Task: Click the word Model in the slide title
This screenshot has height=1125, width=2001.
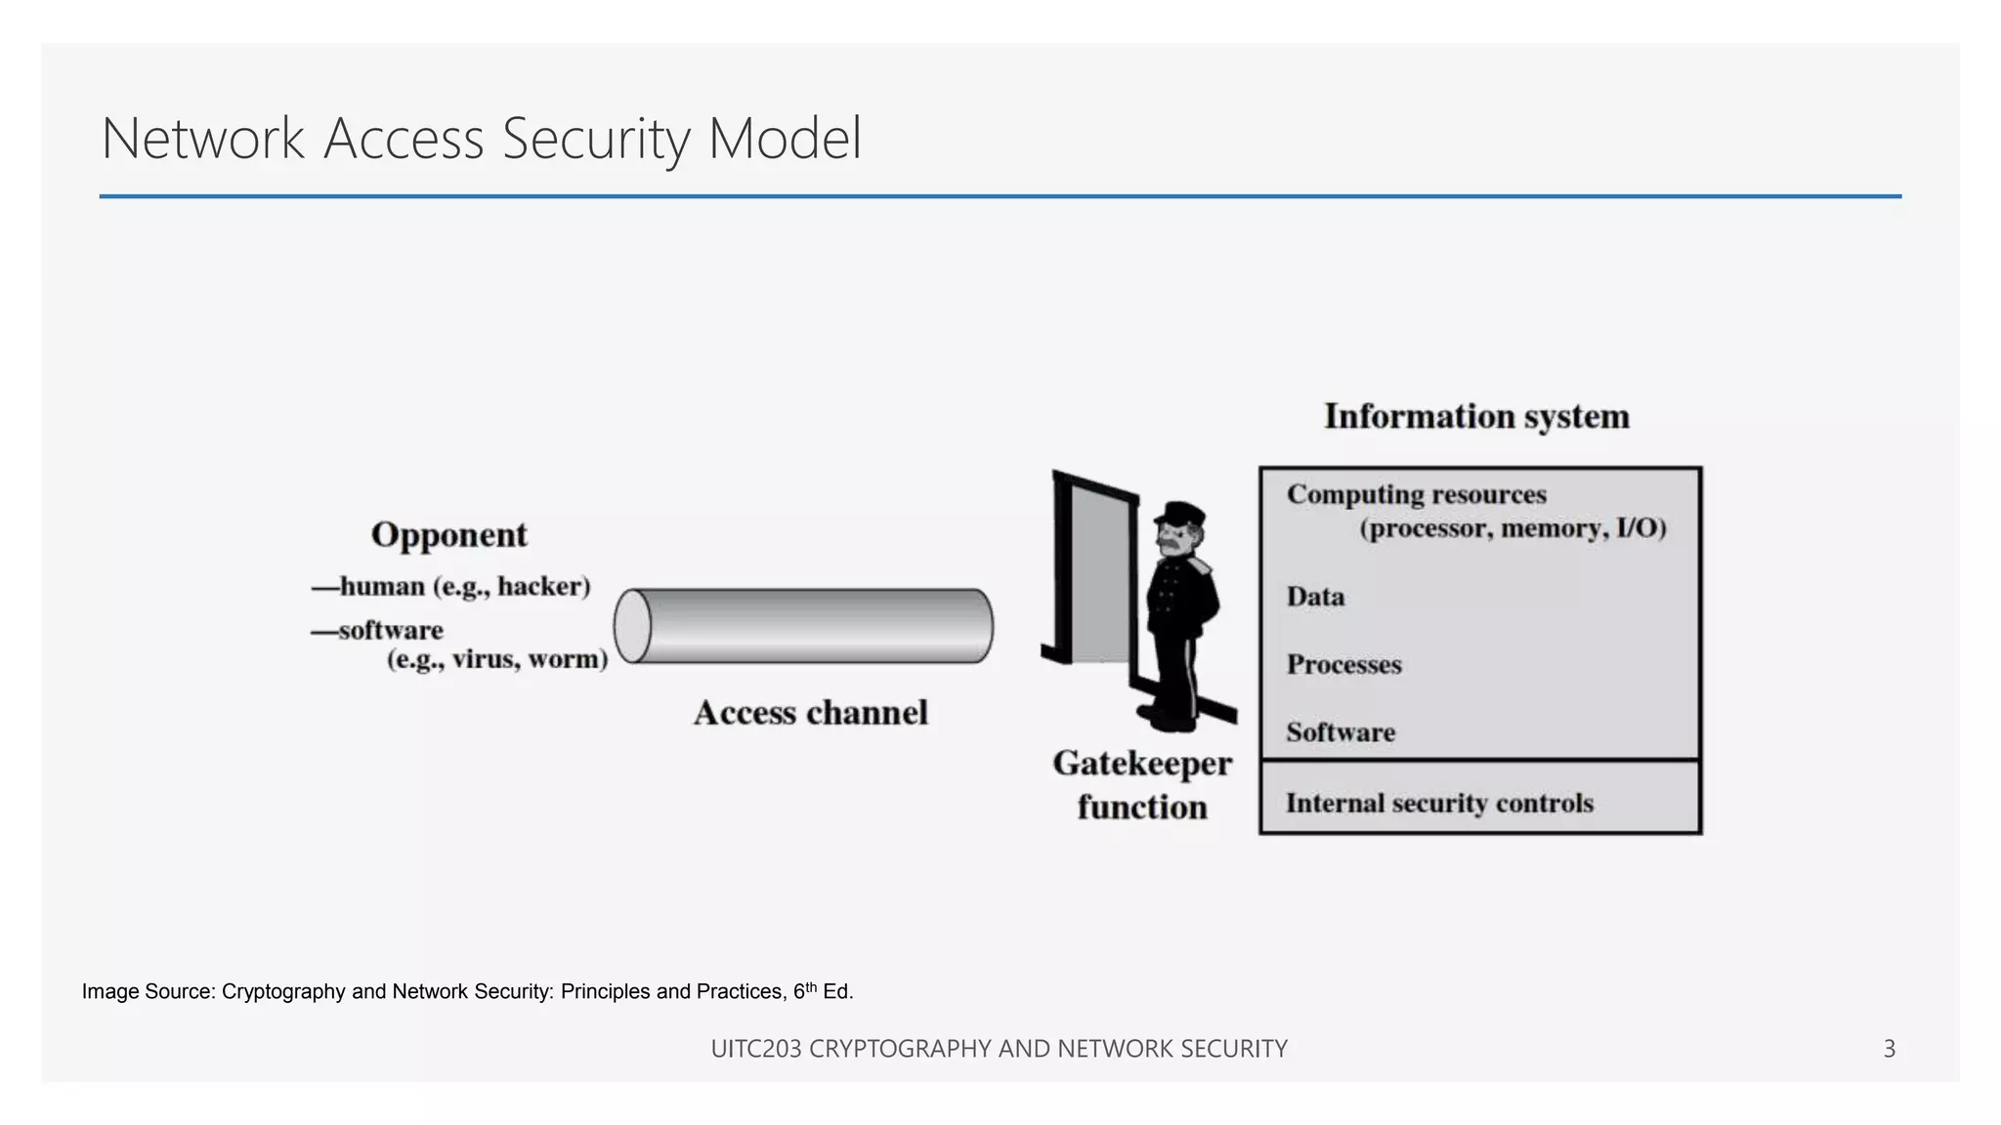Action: (785, 139)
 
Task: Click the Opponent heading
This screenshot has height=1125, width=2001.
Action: (448, 535)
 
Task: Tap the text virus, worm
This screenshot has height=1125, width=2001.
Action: (528, 659)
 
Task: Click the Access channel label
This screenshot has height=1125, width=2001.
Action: (810, 713)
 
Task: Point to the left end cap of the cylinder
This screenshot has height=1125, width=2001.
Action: (633, 626)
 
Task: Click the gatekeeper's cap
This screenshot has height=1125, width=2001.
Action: (1181, 513)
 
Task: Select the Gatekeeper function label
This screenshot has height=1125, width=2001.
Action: (1142, 785)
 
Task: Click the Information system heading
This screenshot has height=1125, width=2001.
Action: (1476, 417)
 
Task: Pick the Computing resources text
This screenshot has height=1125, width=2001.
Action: (1416, 495)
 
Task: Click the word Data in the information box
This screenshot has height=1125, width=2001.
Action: (1315, 597)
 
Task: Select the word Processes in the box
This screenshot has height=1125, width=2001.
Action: (1343, 665)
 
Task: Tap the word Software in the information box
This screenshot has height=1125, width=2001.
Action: (1341, 732)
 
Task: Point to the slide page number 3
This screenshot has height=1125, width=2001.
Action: (1889, 1049)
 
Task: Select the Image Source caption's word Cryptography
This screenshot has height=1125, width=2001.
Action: (283, 992)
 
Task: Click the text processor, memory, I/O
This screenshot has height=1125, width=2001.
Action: (1512, 529)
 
